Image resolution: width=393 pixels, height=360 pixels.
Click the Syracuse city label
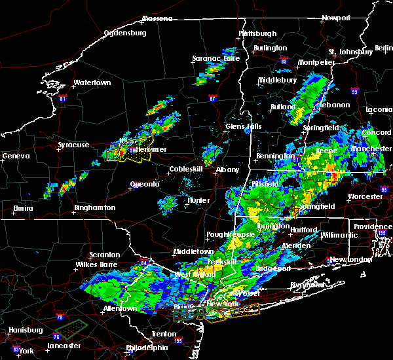pos(73,145)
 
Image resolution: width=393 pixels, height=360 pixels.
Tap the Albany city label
pos(227,170)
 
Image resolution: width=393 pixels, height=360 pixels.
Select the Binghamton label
pos(94,208)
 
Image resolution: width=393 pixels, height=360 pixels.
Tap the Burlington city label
pos(271,48)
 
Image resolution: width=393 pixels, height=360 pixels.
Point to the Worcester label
pos(365,196)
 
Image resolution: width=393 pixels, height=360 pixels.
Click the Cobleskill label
pos(188,170)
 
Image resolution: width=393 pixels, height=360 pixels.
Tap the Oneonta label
pos(145,185)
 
